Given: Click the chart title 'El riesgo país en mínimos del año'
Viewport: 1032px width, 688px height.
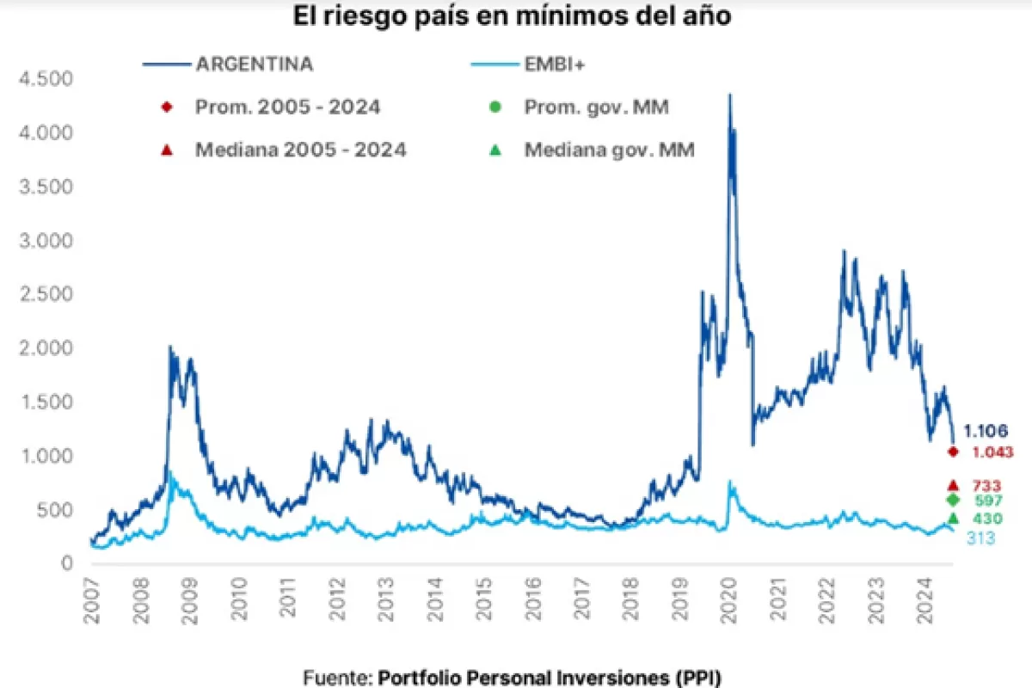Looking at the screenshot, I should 513,16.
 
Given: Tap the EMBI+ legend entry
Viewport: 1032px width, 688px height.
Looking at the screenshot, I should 554,64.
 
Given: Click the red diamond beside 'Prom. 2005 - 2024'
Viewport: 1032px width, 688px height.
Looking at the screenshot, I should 168,107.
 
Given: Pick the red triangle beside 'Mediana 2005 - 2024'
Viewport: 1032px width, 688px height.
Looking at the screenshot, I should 168,149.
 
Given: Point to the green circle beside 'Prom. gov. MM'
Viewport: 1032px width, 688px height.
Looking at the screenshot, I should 495,107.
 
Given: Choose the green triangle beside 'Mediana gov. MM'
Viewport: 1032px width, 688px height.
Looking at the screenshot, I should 495,149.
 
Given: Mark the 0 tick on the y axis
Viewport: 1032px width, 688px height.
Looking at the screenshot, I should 65,563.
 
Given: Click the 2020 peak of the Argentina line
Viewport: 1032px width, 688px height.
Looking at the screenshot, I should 730,95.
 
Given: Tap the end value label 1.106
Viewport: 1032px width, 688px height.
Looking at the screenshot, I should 986,431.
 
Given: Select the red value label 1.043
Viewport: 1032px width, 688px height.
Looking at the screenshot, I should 993,451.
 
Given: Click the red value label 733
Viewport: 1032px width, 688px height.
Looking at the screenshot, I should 986,486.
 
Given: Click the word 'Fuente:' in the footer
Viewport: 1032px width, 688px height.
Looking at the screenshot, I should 338,677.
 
